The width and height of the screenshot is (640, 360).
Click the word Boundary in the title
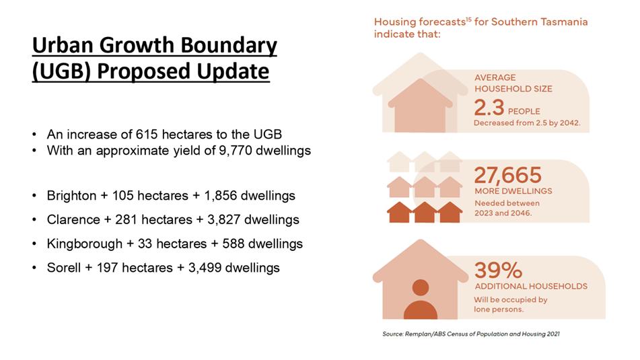click(229, 46)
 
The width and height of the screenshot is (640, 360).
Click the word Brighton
click(71, 196)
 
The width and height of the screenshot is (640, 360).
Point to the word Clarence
click(73, 219)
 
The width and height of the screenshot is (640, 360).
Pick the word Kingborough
click(85, 244)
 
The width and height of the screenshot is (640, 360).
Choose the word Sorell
click(64, 268)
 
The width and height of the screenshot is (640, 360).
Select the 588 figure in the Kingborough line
click(234, 244)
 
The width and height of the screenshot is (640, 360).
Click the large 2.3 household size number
click(489, 108)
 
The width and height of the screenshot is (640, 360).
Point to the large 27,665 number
click(507, 176)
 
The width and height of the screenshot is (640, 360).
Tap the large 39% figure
click(498, 271)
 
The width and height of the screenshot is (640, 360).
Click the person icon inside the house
click(421, 299)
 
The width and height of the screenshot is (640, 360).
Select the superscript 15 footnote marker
click(468, 19)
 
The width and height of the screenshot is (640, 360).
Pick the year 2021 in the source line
click(553, 334)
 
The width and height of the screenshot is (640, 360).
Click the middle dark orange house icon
click(425, 212)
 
